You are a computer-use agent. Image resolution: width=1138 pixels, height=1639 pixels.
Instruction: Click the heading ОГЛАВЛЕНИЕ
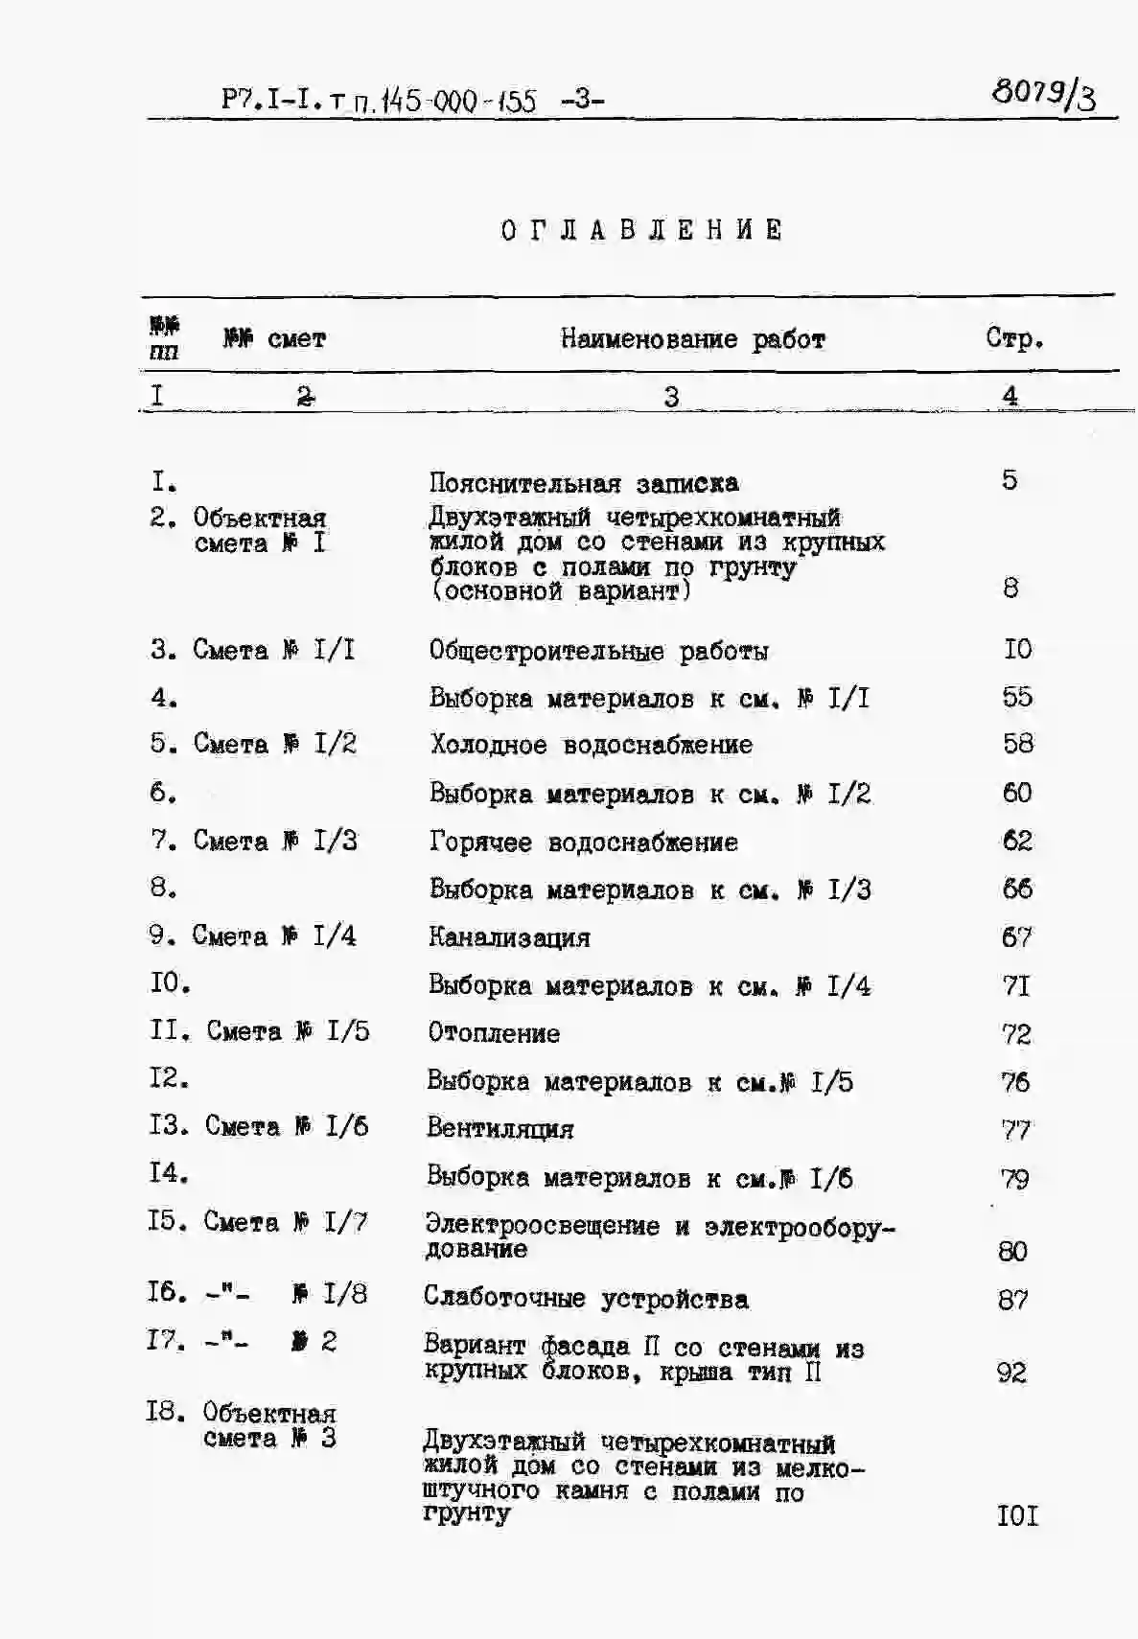(x=642, y=230)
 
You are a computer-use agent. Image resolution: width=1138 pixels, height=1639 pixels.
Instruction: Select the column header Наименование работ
(x=692, y=338)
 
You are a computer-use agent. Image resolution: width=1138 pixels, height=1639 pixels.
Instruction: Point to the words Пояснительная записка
(x=583, y=482)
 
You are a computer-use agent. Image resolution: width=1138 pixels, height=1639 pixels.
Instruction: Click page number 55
(x=1017, y=697)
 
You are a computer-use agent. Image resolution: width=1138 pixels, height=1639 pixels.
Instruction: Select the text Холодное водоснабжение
(x=591, y=745)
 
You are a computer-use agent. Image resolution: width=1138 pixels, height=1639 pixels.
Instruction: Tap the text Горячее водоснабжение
(x=583, y=843)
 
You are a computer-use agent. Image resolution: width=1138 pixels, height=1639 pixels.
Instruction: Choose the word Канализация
(x=509, y=937)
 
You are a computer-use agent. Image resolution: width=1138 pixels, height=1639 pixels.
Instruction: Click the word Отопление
(x=494, y=1033)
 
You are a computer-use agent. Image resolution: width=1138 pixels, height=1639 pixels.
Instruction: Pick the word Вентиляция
(x=499, y=1129)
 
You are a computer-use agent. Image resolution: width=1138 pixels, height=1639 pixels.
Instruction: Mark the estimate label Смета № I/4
(x=274, y=935)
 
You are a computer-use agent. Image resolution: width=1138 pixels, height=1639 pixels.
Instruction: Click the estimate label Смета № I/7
(x=286, y=1222)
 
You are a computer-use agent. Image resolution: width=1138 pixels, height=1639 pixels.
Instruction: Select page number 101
(x=1017, y=1515)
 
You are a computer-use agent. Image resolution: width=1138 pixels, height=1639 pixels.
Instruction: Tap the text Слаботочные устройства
(x=586, y=1299)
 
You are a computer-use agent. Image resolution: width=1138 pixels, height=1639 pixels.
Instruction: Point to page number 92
(x=1011, y=1373)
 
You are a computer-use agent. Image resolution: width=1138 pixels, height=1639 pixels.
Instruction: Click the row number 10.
(x=170, y=982)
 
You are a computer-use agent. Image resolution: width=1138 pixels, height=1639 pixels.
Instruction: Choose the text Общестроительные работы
(x=598, y=651)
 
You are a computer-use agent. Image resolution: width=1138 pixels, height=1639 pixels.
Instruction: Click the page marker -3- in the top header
(x=582, y=99)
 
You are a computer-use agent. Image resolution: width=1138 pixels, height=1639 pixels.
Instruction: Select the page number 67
(x=1016, y=936)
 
